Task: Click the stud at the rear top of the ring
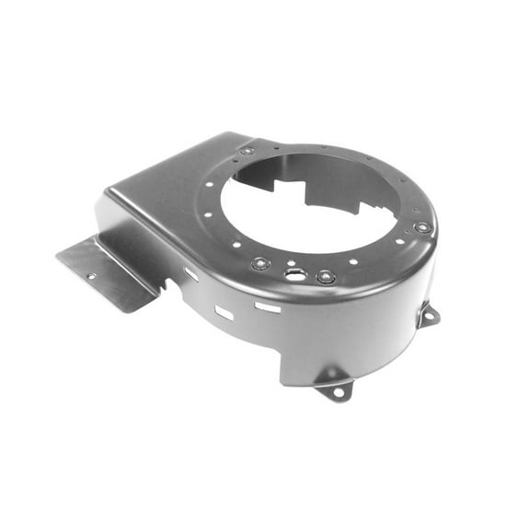point(248,150)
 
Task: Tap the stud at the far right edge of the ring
point(422,226)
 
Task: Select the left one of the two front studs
point(260,264)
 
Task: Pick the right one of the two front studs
point(325,276)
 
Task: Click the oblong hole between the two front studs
point(294,273)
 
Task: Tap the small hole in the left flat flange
point(91,275)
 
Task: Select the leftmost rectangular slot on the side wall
point(191,274)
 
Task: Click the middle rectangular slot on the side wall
point(224,313)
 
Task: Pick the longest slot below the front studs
point(268,306)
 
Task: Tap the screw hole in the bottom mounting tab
point(338,392)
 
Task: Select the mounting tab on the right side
point(428,316)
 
